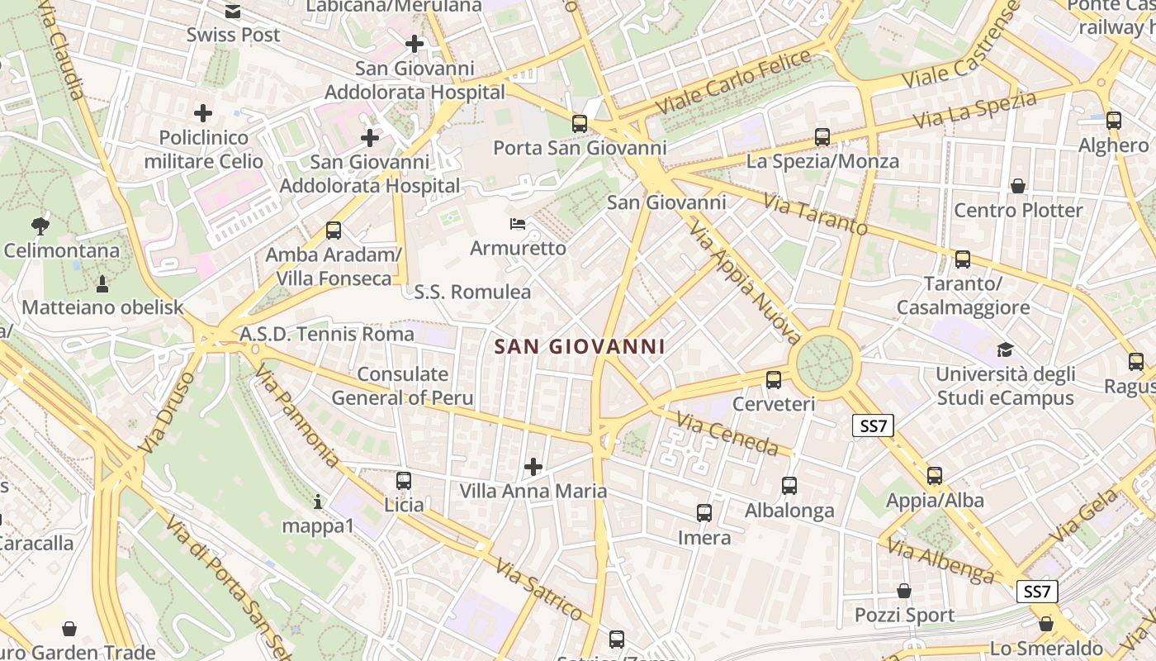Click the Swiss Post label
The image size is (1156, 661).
click(233, 35)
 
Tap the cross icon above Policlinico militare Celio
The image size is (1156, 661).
click(203, 112)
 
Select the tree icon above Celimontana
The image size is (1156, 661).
click(39, 225)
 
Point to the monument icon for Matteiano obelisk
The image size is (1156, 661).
click(102, 284)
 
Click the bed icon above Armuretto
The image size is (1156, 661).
click(518, 224)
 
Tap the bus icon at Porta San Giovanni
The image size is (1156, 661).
click(580, 124)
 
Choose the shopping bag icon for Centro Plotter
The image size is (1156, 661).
click(1018, 186)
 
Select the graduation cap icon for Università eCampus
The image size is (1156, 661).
click(1005, 350)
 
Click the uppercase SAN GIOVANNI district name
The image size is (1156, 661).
click(580, 346)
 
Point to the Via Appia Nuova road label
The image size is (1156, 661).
click(746, 281)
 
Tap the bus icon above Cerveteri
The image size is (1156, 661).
click(774, 380)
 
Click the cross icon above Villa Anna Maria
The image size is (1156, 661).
click(533, 467)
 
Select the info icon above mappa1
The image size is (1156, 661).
click(318, 502)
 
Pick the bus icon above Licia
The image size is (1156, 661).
click(404, 480)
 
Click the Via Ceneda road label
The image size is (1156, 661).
click(727, 434)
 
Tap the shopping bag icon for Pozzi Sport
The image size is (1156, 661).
click(904, 591)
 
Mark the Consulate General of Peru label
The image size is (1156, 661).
click(403, 386)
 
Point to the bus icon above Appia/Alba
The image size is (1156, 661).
click(935, 476)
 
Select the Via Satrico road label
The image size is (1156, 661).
click(540, 590)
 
